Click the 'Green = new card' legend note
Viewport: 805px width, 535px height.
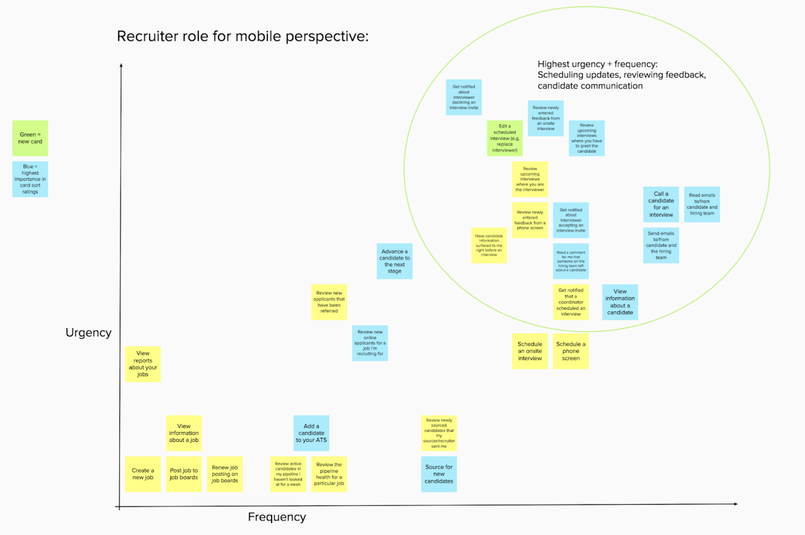click(x=30, y=138)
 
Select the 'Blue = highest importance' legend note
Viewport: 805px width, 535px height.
click(x=30, y=179)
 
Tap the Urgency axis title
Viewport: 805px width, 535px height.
click(x=88, y=333)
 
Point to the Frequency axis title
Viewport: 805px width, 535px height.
click(x=277, y=517)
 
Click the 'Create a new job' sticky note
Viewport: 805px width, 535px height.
click(x=143, y=474)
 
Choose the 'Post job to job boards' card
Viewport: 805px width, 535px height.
click(x=184, y=474)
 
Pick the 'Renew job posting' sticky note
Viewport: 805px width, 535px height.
click(x=225, y=474)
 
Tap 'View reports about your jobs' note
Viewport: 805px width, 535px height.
click(x=143, y=364)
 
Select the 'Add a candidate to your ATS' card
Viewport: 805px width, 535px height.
click(x=311, y=433)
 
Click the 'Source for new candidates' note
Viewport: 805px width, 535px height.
click(x=439, y=474)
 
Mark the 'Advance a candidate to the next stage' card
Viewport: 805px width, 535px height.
click(x=394, y=261)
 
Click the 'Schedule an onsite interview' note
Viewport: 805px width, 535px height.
click(x=530, y=351)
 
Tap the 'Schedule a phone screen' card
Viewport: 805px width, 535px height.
click(x=571, y=351)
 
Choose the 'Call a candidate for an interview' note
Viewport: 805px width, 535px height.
click(x=661, y=205)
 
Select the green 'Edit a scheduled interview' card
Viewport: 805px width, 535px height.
click(x=505, y=138)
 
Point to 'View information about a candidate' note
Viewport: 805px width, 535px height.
click(x=620, y=302)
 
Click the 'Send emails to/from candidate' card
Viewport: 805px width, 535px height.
click(x=661, y=245)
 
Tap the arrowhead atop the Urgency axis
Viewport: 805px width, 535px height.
click(x=121, y=65)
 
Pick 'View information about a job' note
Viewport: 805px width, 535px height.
click(x=184, y=433)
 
